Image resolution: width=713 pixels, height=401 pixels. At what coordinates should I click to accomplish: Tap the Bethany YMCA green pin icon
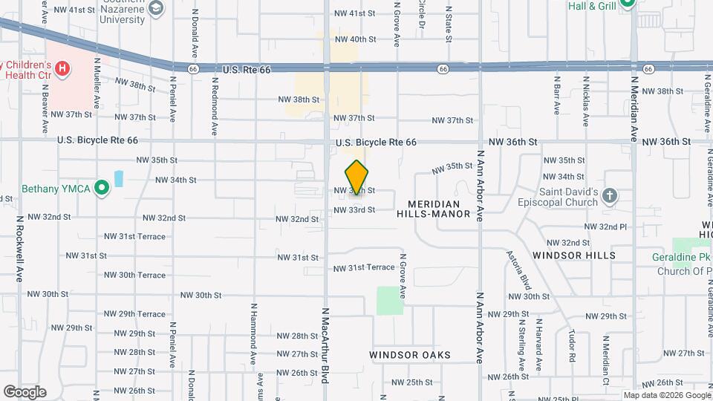pyautogui.click(x=101, y=189)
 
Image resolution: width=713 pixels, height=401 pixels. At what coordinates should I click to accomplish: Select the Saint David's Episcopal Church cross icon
pyautogui.click(x=609, y=196)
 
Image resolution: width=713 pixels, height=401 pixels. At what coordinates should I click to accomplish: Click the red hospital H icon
pyautogui.click(x=63, y=69)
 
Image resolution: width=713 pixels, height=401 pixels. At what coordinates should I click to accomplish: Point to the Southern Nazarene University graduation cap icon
pyautogui.click(x=156, y=8)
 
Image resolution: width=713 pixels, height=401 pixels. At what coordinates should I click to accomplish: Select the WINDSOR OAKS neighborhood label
pyautogui.click(x=410, y=356)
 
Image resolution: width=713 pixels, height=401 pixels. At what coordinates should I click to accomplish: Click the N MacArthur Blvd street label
pyautogui.click(x=325, y=345)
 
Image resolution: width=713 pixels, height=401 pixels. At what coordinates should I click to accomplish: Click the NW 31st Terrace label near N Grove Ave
pyautogui.click(x=364, y=267)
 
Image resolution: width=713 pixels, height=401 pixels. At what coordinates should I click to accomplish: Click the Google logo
pyautogui.click(x=25, y=391)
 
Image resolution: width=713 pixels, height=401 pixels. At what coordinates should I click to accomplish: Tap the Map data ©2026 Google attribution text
pyautogui.click(x=665, y=395)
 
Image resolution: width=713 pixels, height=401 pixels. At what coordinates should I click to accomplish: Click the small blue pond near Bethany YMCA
pyautogui.click(x=118, y=179)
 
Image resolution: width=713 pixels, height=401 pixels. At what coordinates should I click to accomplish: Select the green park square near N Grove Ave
pyautogui.click(x=388, y=300)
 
